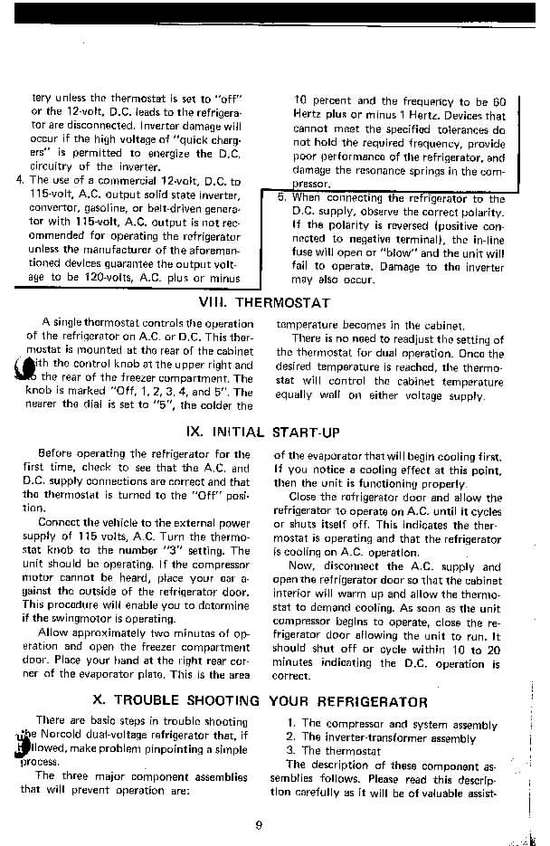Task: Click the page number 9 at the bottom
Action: [x=259, y=822]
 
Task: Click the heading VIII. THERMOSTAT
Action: [x=263, y=303]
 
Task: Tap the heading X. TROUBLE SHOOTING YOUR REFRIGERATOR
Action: [x=261, y=700]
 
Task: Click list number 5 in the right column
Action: [x=281, y=198]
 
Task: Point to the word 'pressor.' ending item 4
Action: [x=315, y=184]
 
